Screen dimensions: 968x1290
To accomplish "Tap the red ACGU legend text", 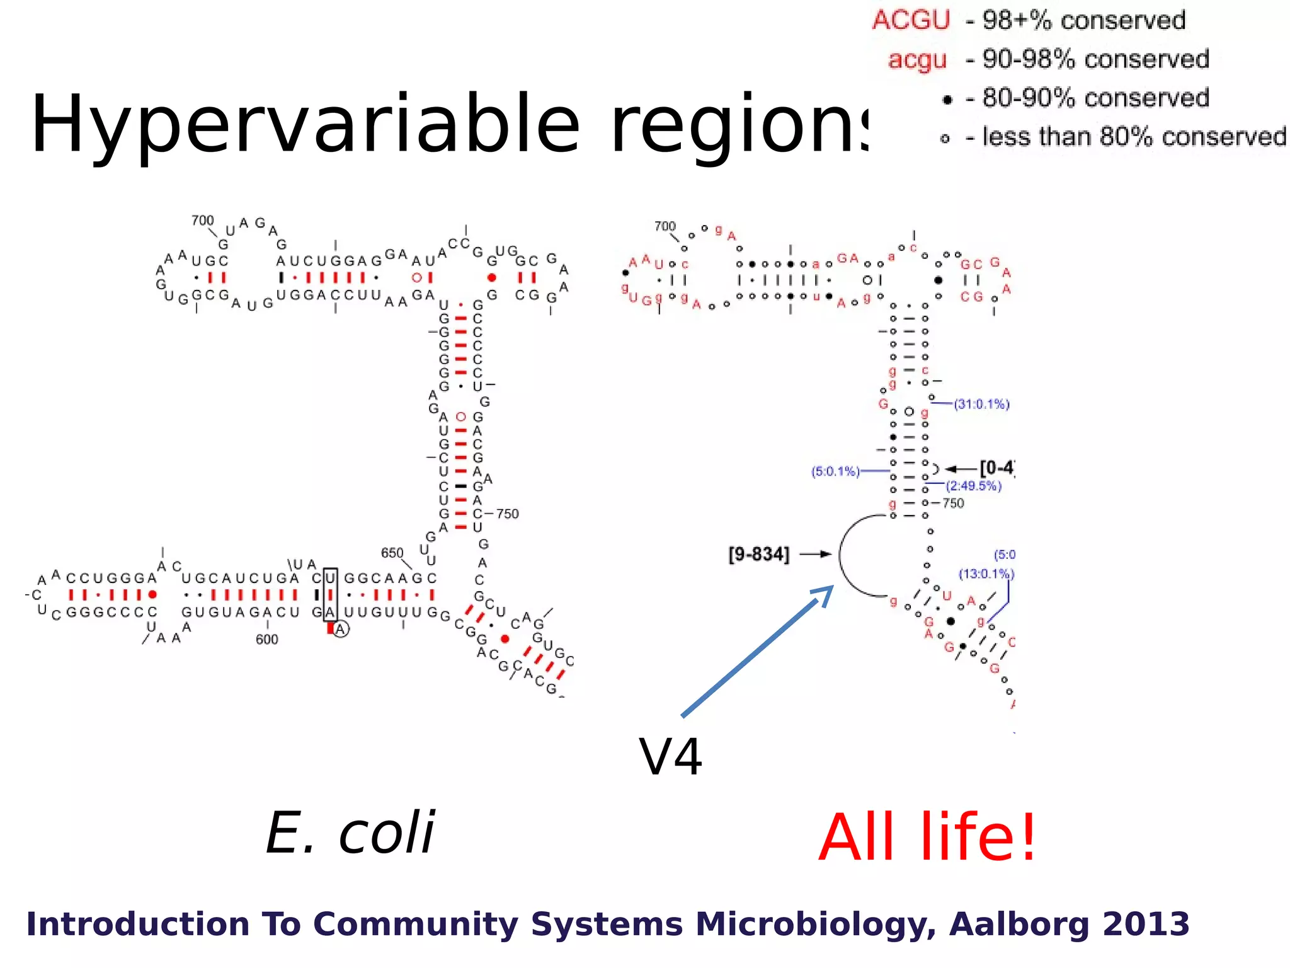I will (911, 20).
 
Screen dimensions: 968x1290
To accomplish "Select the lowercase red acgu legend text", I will (917, 60).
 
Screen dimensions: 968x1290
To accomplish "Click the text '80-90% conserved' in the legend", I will (1095, 98).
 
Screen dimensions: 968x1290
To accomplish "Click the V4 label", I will (670, 757).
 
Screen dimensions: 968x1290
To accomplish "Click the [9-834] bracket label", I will (758, 555).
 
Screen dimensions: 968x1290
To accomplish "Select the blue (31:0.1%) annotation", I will (981, 404).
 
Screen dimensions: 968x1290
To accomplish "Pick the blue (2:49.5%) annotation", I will (973, 486).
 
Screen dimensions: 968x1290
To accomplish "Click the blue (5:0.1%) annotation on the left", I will (835, 471).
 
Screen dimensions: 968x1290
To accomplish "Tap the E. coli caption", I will (350, 833).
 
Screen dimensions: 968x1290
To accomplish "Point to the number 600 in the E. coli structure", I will (266, 639).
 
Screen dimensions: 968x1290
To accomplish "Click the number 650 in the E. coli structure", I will (392, 553).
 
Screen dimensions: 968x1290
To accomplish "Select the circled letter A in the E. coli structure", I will (341, 629).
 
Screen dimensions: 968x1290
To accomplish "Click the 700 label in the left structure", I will (202, 221).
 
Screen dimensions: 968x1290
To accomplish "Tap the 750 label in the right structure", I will (953, 503).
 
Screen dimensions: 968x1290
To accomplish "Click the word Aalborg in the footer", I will (1020, 924).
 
